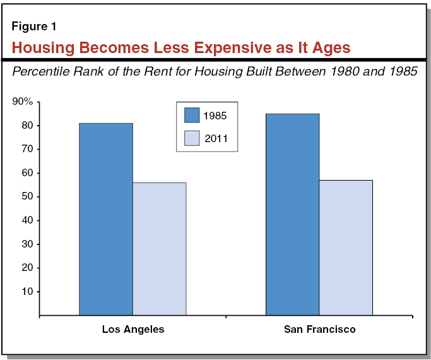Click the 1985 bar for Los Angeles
pyautogui.click(x=105, y=219)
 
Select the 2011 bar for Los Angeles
pyautogui.click(x=159, y=248)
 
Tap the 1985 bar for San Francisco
pyautogui.click(x=292, y=214)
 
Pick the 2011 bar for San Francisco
pyautogui.click(x=346, y=247)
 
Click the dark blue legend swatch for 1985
pyautogui.click(x=192, y=115)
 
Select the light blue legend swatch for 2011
pyautogui.click(x=192, y=138)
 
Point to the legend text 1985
pyautogui.click(x=215, y=116)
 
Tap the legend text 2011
pyautogui.click(x=215, y=138)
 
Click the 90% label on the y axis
pyautogui.click(x=23, y=102)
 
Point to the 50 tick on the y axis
pyautogui.click(x=28, y=196)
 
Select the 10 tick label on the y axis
pyautogui.click(x=28, y=291)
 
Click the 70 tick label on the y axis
pyautogui.click(x=28, y=149)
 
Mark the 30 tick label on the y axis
pyautogui.click(x=28, y=244)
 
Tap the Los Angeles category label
pyautogui.click(x=133, y=330)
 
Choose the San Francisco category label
pyautogui.click(x=319, y=330)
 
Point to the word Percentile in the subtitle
pyautogui.click(x=40, y=72)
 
